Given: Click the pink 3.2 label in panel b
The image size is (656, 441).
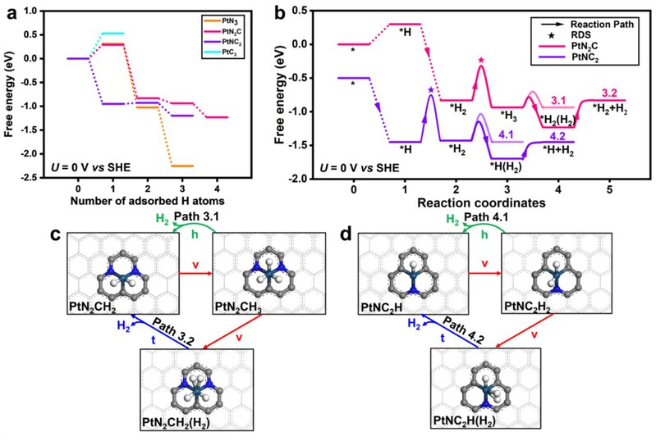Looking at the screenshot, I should tap(610, 93).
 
